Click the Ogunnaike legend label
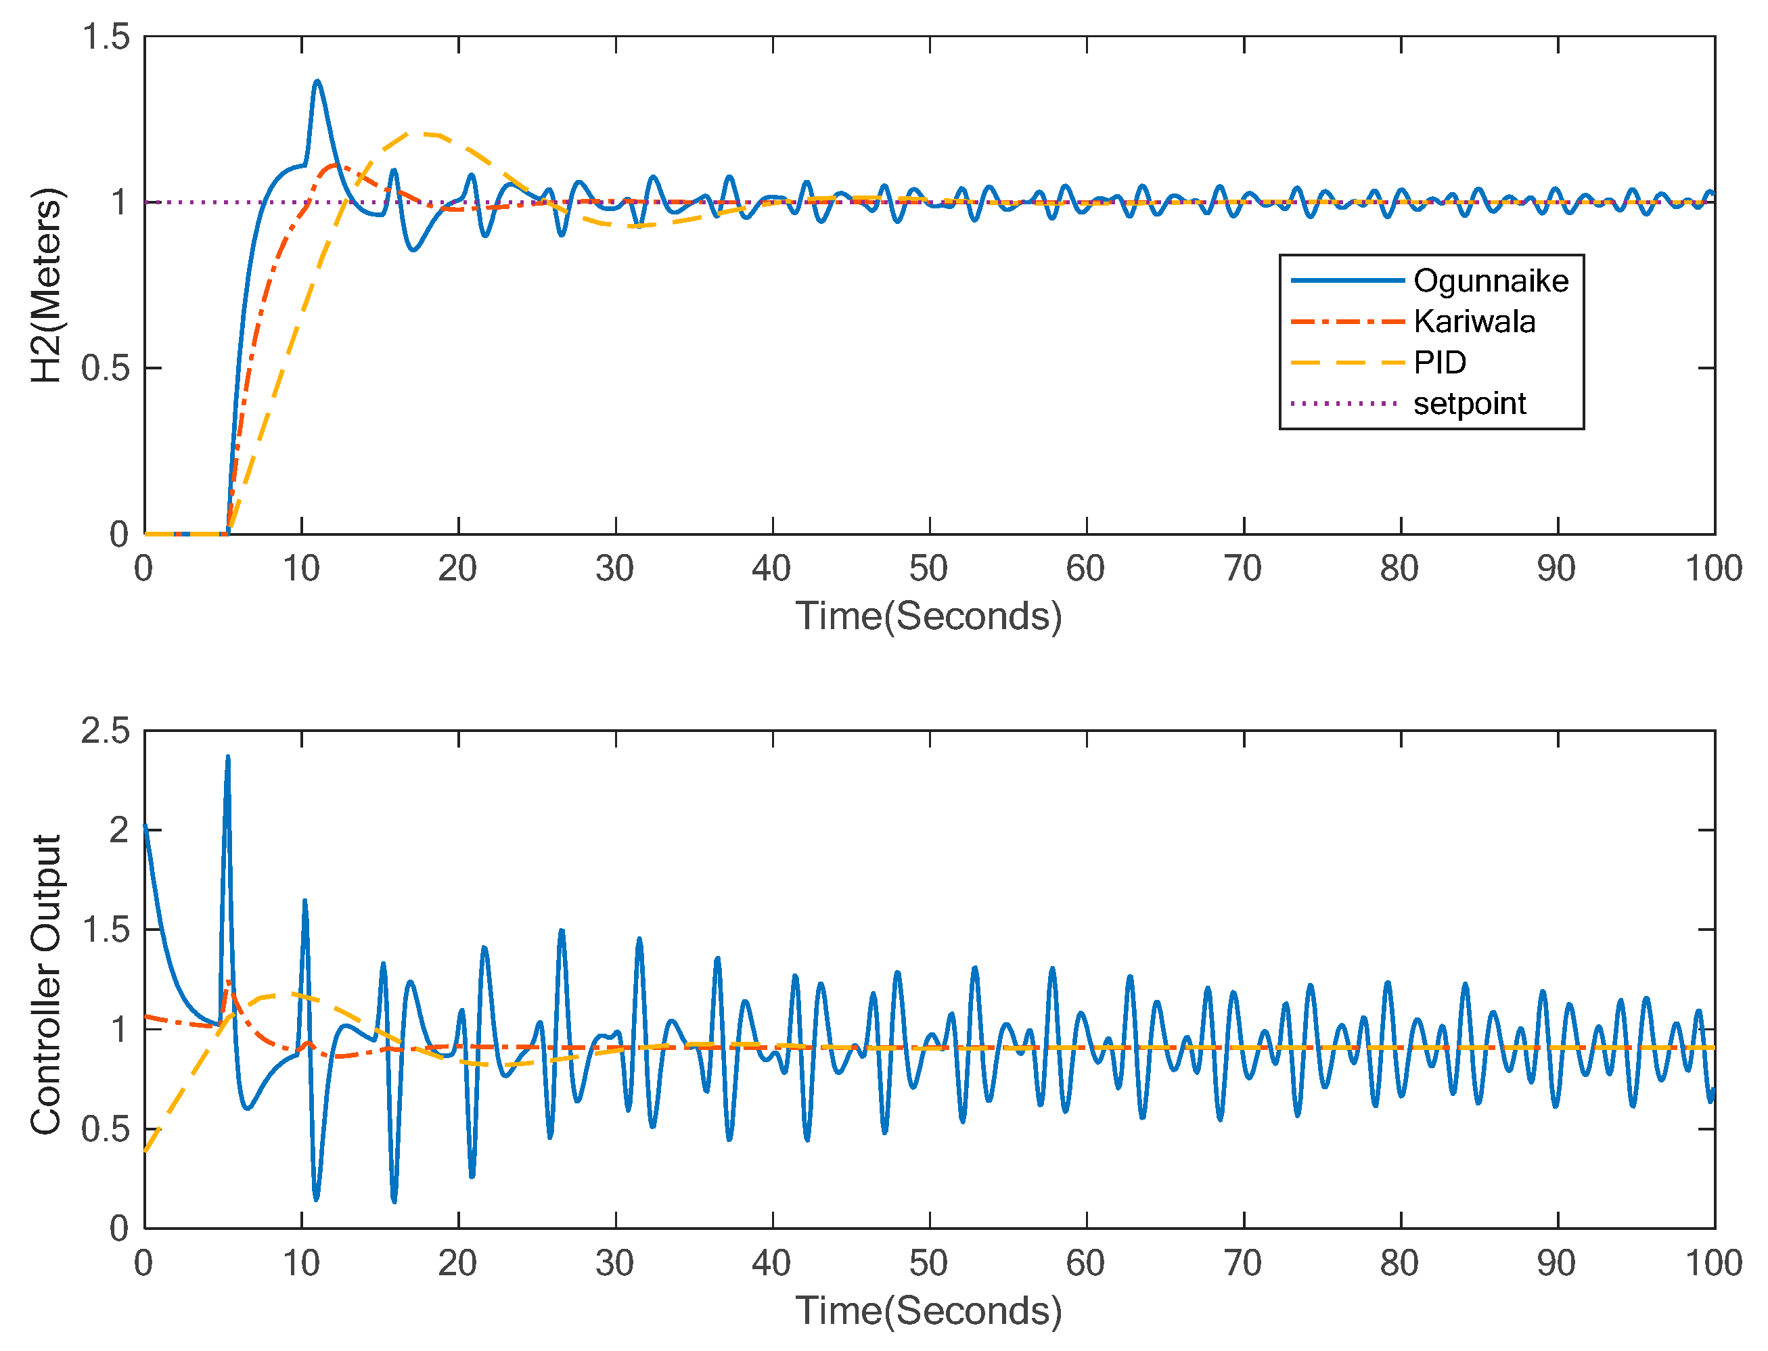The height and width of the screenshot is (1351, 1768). click(x=1491, y=281)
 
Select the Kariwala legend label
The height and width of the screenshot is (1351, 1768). click(x=1474, y=321)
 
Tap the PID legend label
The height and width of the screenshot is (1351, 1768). click(x=1440, y=363)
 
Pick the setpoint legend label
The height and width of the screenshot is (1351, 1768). click(x=1470, y=404)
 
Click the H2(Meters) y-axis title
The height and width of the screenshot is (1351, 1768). click(x=46, y=285)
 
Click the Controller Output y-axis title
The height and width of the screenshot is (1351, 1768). click(x=46, y=985)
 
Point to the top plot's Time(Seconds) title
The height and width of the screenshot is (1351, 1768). click(x=929, y=617)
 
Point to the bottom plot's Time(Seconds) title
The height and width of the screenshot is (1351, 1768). click(x=929, y=1312)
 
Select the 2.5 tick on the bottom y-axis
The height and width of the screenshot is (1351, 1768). click(x=106, y=731)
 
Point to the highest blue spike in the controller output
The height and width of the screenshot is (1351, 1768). click(x=227, y=757)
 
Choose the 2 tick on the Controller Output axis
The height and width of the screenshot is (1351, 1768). click(x=119, y=831)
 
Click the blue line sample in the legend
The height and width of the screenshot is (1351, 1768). click(x=1347, y=281)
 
